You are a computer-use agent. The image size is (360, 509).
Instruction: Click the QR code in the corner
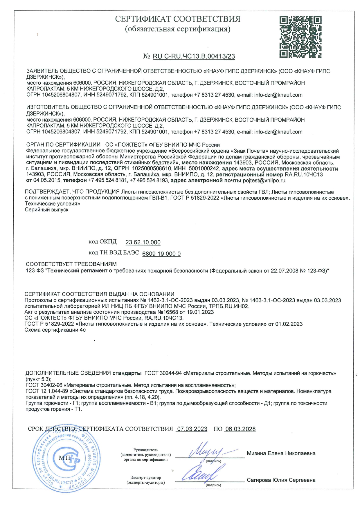click(300, 37)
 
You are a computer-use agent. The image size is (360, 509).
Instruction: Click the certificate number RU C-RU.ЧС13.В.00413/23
click(194, 56)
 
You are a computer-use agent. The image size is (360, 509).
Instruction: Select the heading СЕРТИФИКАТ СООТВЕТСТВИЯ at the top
click(178, 19)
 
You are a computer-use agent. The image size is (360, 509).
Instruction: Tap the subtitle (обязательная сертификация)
click(178, 29)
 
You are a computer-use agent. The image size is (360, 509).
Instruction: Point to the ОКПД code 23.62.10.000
click(143, 242)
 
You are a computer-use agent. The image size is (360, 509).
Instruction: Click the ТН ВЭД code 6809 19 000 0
click(161, 254)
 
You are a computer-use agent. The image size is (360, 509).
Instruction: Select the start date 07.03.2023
click(192, 429)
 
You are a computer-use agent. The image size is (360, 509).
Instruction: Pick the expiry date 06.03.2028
click(240, 429)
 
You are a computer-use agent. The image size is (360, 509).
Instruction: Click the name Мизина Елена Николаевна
click(281, 453)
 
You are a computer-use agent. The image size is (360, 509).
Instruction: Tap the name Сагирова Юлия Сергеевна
click(281, 480)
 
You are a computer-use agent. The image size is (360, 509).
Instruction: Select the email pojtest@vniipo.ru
click(264, 181)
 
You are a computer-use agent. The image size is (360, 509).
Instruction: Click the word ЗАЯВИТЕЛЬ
click(42, 71)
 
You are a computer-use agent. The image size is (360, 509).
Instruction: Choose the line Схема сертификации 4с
click(55, 330)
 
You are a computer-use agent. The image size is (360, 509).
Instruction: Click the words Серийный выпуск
click(47, 210)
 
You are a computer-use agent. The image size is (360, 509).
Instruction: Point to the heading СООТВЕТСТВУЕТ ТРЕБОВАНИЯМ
click(71, 264)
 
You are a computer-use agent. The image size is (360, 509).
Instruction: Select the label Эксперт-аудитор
click(145, 478)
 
